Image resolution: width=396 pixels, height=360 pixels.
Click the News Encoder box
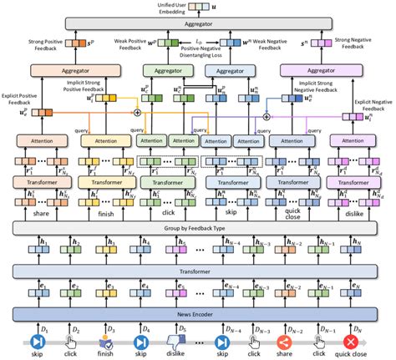197,313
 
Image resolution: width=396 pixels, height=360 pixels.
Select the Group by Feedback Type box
197,226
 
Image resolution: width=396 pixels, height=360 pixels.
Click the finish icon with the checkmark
106,342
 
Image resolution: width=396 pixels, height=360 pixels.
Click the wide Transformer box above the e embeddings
197,270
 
